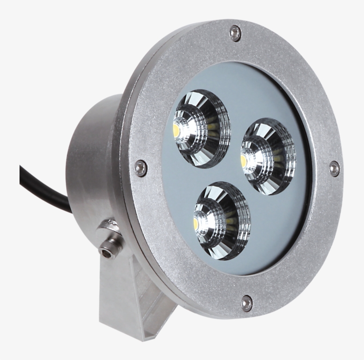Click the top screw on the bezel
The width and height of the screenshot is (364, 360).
235,33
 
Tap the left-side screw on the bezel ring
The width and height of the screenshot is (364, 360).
141,167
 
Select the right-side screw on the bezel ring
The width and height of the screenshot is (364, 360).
334,168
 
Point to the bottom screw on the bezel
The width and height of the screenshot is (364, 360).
247,303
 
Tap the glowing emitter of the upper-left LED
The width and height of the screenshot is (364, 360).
176,130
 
